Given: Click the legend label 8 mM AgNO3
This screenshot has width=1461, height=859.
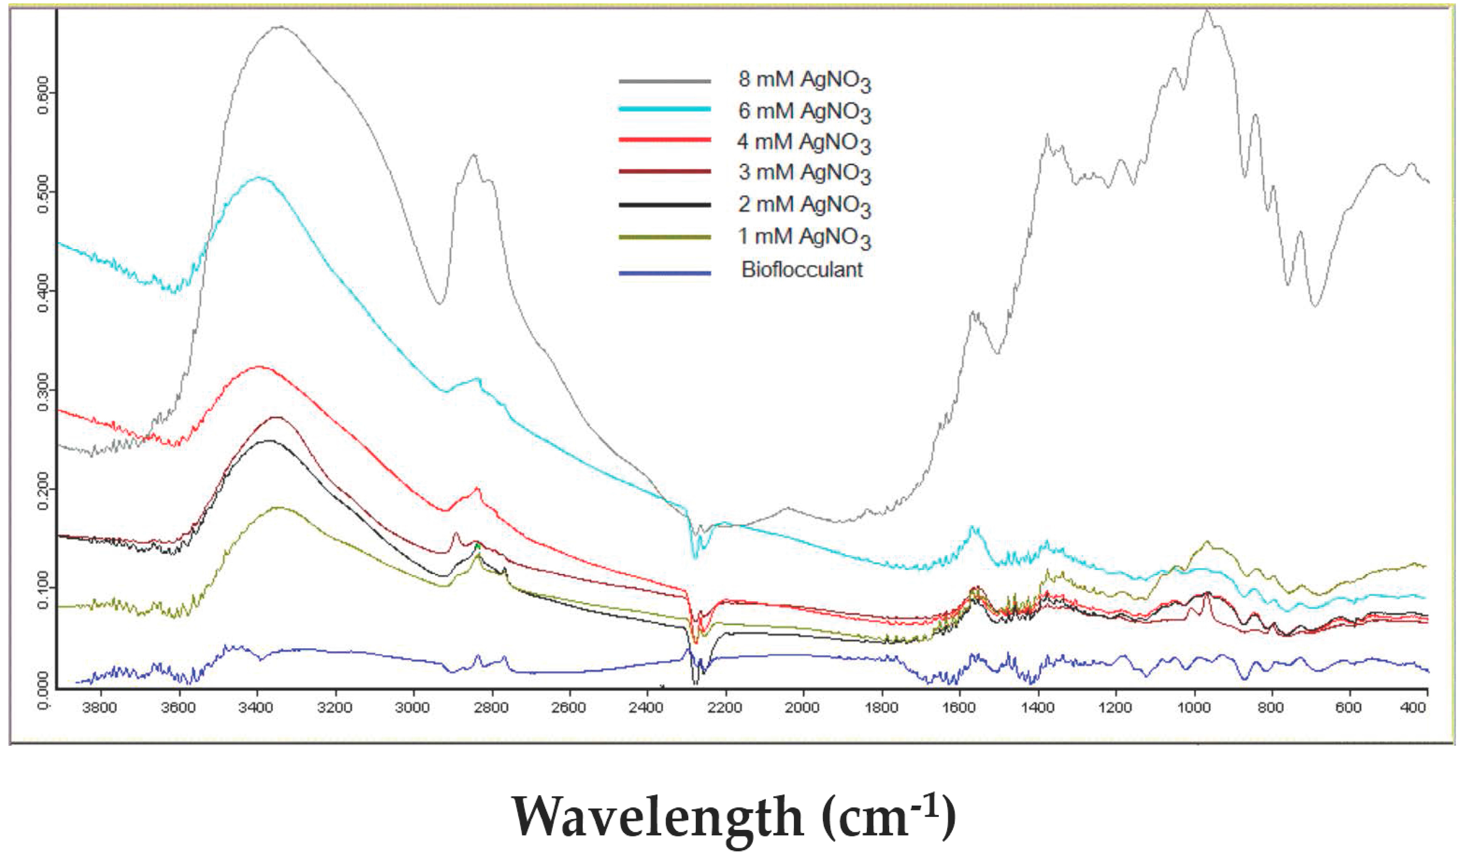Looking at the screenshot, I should tap(804, 81).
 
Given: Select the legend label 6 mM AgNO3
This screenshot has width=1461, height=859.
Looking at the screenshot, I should tap(804, 112).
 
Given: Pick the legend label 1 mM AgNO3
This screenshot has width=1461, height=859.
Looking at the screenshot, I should tap(804, 238).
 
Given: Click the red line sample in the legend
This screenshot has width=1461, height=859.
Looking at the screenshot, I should tap(664, 140).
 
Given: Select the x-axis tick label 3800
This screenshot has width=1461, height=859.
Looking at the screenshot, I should tap(101, 708).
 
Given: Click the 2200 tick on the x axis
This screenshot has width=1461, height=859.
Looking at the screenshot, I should tap(725, 708).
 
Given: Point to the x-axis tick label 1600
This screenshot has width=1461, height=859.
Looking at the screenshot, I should tap(959, 708).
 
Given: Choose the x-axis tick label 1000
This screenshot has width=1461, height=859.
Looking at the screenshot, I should tap(1194, 708).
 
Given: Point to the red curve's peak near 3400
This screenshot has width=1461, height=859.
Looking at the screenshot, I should tap(259, 367).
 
